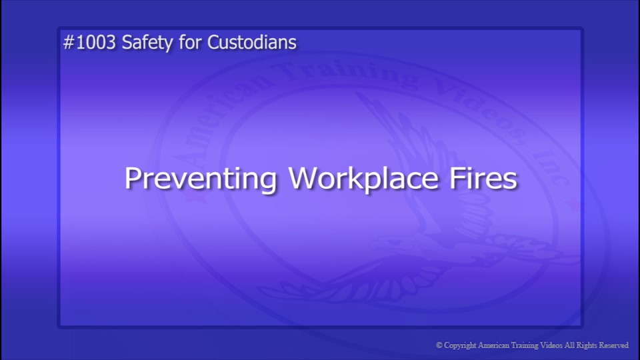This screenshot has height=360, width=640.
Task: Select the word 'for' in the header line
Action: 186,43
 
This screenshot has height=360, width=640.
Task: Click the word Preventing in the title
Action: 201,179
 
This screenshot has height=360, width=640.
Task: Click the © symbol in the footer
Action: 439,345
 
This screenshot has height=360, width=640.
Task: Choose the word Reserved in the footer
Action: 615,345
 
